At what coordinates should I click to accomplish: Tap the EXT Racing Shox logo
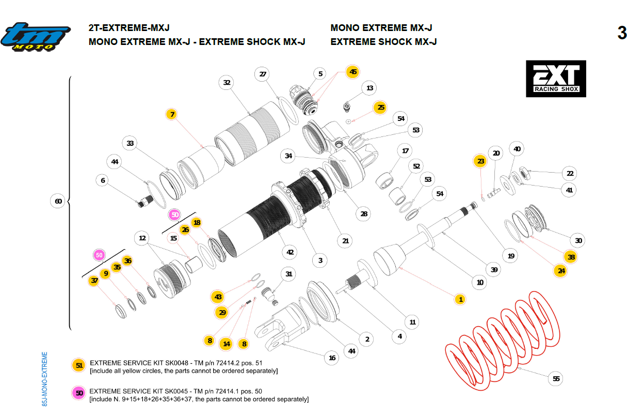pos(556,79)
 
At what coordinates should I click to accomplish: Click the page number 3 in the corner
pos(621,33)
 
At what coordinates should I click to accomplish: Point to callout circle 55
pos(556,379)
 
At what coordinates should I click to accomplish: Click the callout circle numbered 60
pos(58,201)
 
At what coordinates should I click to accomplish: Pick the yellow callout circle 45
pos(353,72)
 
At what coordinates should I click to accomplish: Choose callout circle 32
pos(227,82)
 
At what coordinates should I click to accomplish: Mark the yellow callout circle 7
pos(172,114)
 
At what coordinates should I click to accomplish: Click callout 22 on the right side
pos(570,174)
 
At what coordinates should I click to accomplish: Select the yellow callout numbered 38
pos(571,257)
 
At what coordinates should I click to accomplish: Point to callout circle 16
pos(332,358)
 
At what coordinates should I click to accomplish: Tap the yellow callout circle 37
pos(94,281)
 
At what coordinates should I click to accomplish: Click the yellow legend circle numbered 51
pos(79,366)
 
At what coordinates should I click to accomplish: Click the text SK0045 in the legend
pos(173,391)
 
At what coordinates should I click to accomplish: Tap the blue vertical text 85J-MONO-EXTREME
pos(45,379)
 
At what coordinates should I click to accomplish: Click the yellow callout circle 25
pos(381,108)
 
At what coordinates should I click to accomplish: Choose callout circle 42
pos(291,252)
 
